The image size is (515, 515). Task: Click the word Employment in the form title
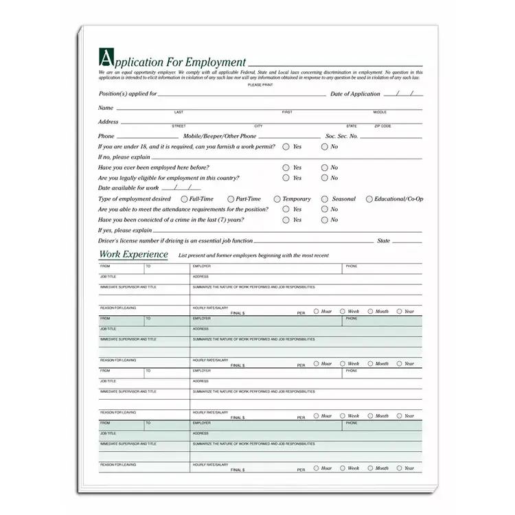pyautogui.click(x=215, y=62)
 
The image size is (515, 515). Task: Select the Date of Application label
pyautogui.click(x=355, y=94)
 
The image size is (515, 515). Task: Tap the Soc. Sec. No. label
pyautogui.click(x=342, y=136)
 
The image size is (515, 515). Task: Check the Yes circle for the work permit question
pyautogui.click(x=286, y=147)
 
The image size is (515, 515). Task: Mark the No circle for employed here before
pyautogui.click(x=324, y=168)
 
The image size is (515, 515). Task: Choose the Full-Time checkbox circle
pyautogui.click(x=184, y=199)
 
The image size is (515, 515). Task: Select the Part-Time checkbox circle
pyautogui.click(x=231, y=199)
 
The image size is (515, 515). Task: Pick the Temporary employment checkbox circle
pyautogui.click(x=277, y=199)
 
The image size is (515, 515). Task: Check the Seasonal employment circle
pyautogui.click(x=325, y=199)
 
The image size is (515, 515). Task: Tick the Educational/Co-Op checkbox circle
pyautogui.click(x=369, y=199)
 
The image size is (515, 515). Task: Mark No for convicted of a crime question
pyautogui.click(x=324, y=220)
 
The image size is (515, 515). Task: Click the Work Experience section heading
pyautogui.click(x=133, y=254)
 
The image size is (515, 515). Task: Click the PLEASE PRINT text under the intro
pyautogui.click(x=260, y=84)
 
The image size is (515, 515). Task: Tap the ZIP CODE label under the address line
pyautogui.click(x=382, y=126)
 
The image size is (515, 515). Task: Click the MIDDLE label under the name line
pyautogui.click(x=380, y=112)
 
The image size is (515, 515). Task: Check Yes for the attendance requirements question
pyautogui.click(x=286, y=209)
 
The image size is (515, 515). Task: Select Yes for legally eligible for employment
pyautogui.click(x=286, y=178)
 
